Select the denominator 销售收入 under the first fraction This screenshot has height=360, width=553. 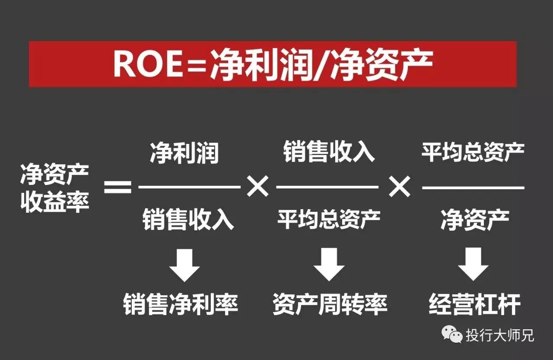pos(188,219)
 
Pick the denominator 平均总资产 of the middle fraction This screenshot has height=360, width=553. pos(329,219)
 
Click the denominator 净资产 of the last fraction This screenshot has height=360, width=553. pos(474,220)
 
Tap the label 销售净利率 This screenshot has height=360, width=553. pos(181,304)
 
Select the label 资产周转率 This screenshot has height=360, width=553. pos(330,304)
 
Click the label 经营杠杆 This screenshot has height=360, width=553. pos(474,304)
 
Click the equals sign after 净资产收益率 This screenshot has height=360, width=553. pos(118,187)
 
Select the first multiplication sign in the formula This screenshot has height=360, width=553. pos(258,187)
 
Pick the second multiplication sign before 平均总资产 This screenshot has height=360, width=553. pos(400,187)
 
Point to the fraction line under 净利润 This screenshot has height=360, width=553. pos(189,187)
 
